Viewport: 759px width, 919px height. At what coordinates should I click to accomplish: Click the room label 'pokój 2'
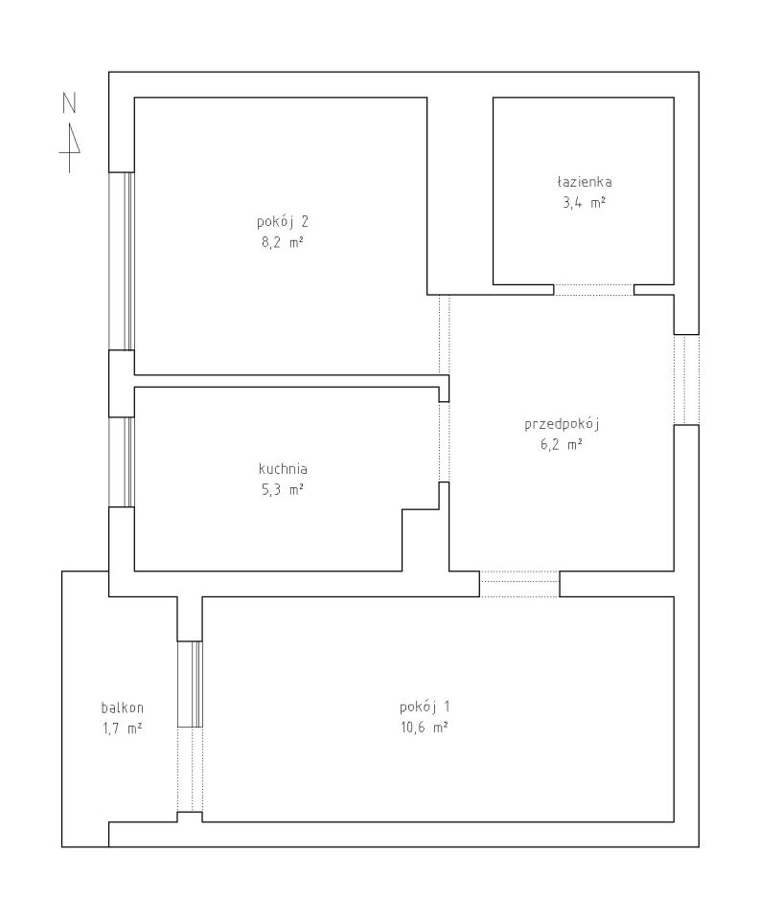pos(282,222)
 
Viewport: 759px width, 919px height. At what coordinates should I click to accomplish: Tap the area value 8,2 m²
pos(282,242)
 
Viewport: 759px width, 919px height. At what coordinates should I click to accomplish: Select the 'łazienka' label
pos(585,182)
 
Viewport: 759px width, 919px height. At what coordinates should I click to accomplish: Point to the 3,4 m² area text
pos(585,203)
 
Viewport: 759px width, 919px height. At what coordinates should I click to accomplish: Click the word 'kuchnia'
pos(283,469)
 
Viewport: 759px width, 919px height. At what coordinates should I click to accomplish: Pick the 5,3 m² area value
pos(283,489)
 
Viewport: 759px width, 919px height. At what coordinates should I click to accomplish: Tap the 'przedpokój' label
pos(562,424)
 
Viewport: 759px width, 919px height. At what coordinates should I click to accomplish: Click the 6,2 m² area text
pos(562,444)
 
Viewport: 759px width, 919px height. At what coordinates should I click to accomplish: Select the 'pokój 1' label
pos(425,706)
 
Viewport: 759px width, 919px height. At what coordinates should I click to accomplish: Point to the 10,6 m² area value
pos(425,728)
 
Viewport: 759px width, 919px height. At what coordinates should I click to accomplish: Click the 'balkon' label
pos(122,707)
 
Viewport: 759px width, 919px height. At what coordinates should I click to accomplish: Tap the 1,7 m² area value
pos(122,728)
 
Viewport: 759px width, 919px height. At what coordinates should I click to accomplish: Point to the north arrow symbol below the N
pos(70,147)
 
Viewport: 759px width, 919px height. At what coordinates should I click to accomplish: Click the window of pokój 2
pos(122,261)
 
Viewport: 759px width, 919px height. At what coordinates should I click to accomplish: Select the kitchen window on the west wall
pos(122,461)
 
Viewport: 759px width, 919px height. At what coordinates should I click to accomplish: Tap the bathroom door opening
pos(593,289)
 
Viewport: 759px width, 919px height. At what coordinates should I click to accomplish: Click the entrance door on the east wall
pos(686,379)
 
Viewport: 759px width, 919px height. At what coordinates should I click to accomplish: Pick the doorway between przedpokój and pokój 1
pos(519,584)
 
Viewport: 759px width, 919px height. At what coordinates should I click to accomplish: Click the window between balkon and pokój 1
pos(190,684)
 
